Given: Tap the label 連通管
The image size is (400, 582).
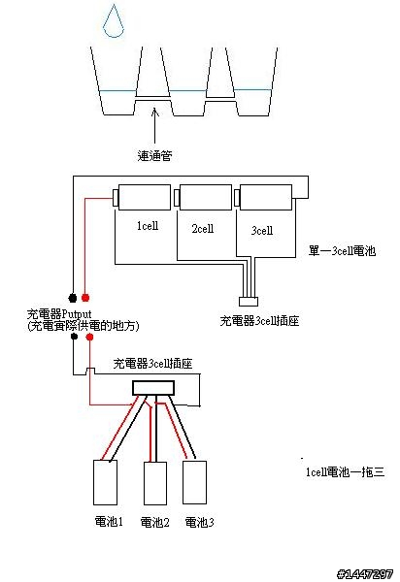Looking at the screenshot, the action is tap(154, 155).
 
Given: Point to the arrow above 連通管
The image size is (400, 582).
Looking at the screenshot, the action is tap(155, 125).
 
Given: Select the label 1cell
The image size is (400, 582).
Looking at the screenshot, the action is tap(148, 226).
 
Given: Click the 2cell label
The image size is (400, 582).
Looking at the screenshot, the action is tap(203, 228).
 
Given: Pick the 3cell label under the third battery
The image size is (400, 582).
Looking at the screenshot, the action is tap(262, 231).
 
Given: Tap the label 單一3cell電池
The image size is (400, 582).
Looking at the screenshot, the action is tap(342, 251).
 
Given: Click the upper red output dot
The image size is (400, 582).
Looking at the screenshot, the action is tap(85, 298).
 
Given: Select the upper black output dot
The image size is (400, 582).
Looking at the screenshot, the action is tap(73, 298).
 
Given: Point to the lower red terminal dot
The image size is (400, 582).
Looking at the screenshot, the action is tap(89, 337).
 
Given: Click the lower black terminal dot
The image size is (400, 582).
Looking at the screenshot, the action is tap(75, 337).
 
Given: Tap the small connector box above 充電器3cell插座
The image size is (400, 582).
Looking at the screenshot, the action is tap(249, 302).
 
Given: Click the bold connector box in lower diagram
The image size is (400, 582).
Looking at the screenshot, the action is tap(153, 388).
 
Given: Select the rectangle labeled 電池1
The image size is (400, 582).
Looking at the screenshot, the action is tap(105, 482).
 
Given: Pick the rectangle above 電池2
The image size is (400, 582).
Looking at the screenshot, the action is tap(155, 483).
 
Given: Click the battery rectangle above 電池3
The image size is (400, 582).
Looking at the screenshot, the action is tap(194, 482).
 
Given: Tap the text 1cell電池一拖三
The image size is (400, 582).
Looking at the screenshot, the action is tap(345, 471).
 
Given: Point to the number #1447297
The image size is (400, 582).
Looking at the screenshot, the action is tap(365, 574).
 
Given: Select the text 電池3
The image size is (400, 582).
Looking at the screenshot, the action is tap(199, 522).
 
